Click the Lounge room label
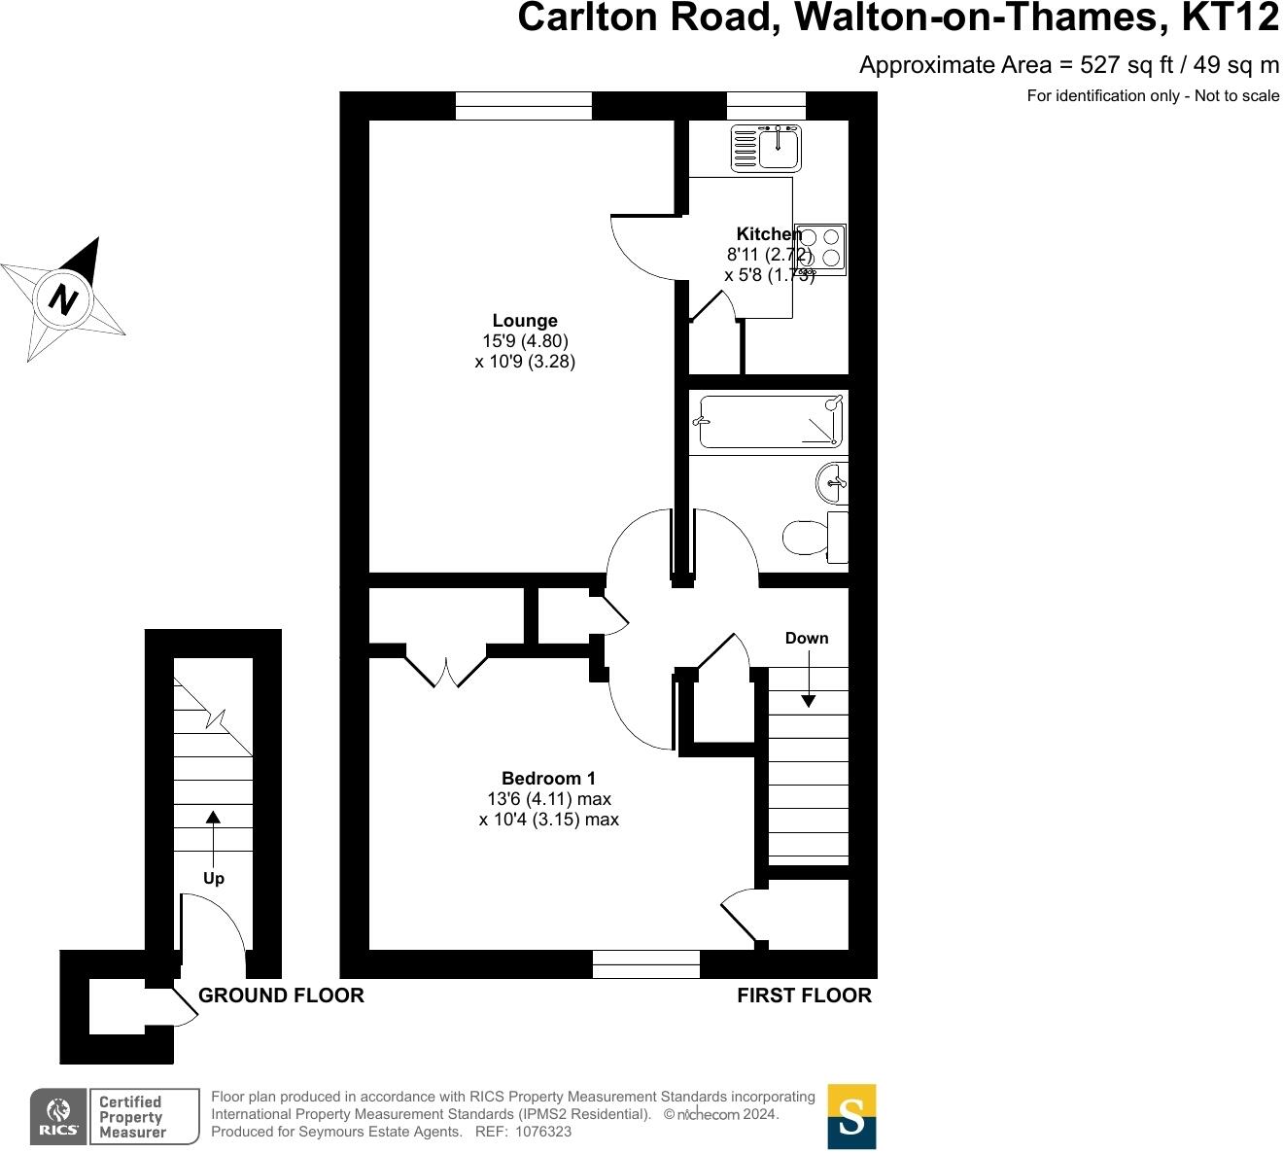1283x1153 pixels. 525,321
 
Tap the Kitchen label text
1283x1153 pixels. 768,234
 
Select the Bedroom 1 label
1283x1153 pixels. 548,778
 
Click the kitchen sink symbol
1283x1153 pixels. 766,148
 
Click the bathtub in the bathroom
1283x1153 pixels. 769,422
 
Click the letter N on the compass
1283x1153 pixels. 64,298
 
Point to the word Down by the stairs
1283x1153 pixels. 807,639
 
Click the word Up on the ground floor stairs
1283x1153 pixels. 214,879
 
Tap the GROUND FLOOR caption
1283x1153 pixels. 281,996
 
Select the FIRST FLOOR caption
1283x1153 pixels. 804,996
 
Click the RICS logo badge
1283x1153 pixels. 58,1116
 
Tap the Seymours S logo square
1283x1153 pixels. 851,1116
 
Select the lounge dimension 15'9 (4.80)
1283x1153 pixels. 525,341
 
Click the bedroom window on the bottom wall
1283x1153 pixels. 646,963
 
